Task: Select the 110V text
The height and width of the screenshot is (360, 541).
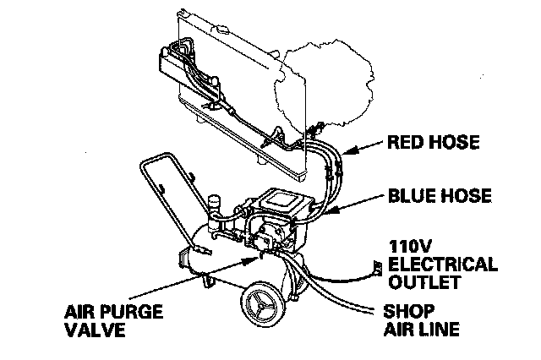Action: coord(408,246)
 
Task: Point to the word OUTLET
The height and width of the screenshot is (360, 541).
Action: coord(421,281)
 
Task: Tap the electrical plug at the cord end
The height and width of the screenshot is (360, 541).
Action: coord(369,270)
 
